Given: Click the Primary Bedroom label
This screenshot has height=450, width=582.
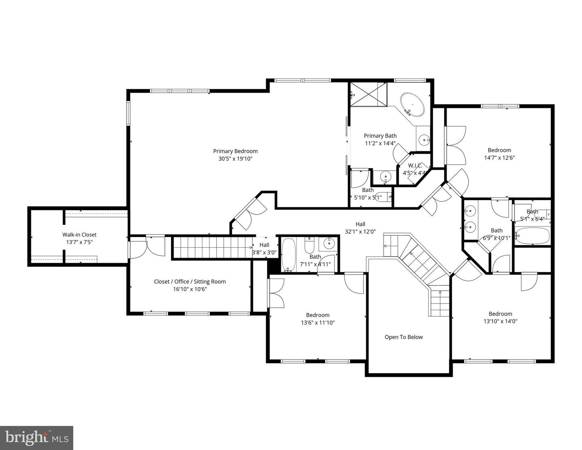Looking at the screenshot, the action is pos(235,151).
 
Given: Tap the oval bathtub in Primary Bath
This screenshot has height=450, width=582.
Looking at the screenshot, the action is pos(412,104).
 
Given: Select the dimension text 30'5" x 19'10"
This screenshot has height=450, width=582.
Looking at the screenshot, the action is pos(235,158).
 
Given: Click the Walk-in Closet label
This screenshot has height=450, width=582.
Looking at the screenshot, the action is pos(79,235).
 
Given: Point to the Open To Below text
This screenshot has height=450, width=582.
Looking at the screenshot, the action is pos(403,337).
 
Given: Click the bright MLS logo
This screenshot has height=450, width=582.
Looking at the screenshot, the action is pos(36,438).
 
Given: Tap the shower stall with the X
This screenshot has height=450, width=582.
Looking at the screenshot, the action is pos(369,94).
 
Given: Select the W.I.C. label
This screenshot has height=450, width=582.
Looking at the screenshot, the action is pos(415,165).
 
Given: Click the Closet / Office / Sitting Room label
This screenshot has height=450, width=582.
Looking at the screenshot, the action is pos(190,281).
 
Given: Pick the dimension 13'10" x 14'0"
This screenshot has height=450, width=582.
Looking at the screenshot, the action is pos(500,321).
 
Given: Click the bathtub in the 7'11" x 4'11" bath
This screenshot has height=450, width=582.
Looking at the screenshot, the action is pos(289,255).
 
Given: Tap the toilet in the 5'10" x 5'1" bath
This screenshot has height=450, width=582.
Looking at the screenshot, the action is pos(383,197).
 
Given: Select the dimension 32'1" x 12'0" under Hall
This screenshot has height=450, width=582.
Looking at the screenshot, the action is pos(360,231).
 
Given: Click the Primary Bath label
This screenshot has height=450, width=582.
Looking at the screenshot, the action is pos(380,136).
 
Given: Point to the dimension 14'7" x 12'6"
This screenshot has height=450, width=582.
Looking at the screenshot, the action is pos(499,158).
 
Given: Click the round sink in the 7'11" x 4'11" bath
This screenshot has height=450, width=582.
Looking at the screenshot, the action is pos(329,243).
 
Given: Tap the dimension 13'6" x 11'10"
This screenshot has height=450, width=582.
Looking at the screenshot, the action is pos(318,323).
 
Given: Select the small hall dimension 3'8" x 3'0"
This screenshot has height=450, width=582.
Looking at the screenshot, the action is pos(264,252).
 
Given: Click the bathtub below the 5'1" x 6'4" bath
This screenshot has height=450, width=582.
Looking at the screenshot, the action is pos(532,236).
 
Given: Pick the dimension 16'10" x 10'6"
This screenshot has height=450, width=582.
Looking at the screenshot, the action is pos(190,289).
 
